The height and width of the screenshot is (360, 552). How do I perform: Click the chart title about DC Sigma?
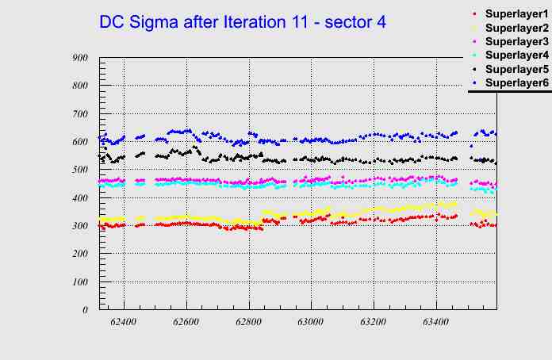tap(243, 22)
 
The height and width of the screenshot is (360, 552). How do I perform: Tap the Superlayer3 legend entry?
tap(516, 41)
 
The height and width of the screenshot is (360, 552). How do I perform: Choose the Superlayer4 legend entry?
tap(516, 55)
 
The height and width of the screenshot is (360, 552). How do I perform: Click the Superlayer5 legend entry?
tap(516, 69)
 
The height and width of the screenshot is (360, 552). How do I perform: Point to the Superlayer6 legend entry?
tap(516, 82)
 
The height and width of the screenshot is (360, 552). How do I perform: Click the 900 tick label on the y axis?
tap(79, 57)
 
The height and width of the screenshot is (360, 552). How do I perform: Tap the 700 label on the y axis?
tap(79, 113)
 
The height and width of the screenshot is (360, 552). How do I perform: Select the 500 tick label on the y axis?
tap(79, 170)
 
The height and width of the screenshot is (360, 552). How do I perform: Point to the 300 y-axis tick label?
tap(79, 226)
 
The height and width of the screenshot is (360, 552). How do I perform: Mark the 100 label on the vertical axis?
tap(79, 281)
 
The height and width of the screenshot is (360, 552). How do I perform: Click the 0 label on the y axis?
tap(85, 310)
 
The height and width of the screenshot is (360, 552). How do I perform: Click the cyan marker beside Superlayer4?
tap(474, 55)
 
